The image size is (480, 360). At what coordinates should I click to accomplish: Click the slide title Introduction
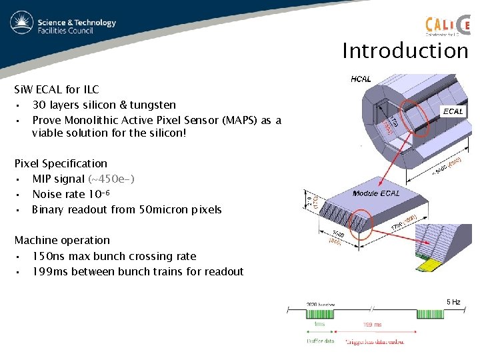point(405,51)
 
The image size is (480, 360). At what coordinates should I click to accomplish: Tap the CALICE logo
point(447,24)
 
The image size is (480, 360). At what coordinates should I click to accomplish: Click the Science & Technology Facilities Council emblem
point(22,24)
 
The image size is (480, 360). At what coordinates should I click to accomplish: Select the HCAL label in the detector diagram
point(361,79)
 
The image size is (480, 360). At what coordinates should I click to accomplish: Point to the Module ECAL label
point(377,193)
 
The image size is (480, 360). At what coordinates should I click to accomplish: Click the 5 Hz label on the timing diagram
point(453,302)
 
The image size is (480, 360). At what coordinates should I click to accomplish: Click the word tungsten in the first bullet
point(150,105)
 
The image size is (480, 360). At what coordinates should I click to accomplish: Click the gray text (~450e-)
point(111,179)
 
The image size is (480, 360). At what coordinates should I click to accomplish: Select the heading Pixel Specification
point(61,163)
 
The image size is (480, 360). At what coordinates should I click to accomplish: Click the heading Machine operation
point(62,240)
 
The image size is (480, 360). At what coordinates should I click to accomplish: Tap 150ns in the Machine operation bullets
point(47,256)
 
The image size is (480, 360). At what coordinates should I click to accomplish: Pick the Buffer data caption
point(321,341)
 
